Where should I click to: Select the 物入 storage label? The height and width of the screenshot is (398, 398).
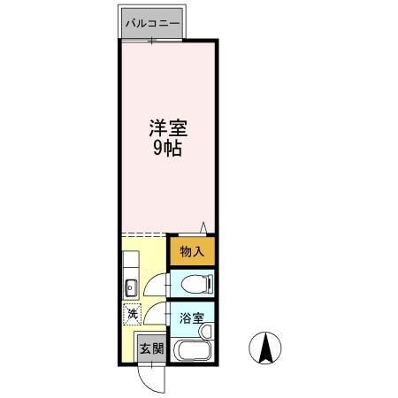point(192,251)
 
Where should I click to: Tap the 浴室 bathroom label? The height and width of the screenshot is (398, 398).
point(192,317)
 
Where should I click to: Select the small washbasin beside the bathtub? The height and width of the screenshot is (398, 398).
point(205,331)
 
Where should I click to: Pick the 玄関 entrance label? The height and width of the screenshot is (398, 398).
point(151,348)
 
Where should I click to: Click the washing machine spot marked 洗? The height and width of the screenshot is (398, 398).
point(131,312)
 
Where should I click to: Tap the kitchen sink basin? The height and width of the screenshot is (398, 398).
point(130,286)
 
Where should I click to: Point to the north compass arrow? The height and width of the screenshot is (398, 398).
point(264,348)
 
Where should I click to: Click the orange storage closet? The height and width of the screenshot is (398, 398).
point(192,251)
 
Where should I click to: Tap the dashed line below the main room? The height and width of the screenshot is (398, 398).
point(143,233)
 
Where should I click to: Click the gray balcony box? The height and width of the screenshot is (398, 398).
point(152,23)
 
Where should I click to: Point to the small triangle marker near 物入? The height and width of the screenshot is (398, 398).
point(203,227)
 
